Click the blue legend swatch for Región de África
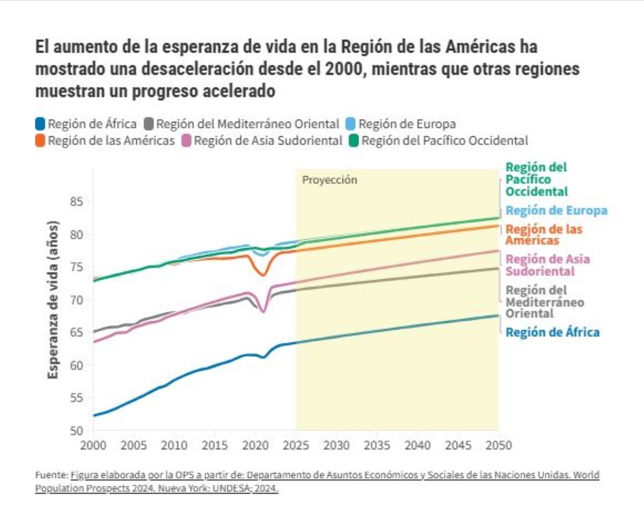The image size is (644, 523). (40, 124)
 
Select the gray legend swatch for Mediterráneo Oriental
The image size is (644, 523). (149, 124)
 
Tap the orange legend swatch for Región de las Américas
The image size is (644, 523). (40, 141)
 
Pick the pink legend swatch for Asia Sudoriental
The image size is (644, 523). (187, 141)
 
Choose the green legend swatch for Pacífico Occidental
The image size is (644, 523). (354, 141)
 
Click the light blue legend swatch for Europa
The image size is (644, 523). (350, 124)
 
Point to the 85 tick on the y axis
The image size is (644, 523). (77, 202)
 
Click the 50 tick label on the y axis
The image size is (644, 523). (77, 431)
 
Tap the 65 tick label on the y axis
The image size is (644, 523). (77, 333)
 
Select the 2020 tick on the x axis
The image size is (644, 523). (255, 446)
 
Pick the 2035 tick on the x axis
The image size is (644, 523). (377, 446)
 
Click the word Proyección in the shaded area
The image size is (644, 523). (330, 180)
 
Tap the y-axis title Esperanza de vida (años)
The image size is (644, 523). (53, 300)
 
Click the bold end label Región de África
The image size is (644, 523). (553, 333)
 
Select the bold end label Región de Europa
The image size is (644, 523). (557, 211)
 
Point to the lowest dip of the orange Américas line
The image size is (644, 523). (264, 275)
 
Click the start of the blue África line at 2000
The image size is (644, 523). (93, 416)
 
